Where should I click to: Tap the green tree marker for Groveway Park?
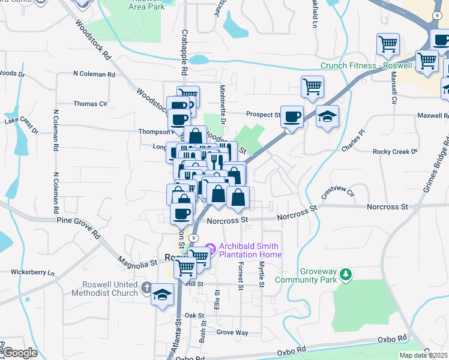pyautogui.click(x=345, y=275)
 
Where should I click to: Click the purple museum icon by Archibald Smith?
pyautogui.click(x=210, y=247)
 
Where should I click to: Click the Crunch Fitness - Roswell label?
pyautogui.click(x=366, y=66)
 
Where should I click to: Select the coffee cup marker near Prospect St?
pyautogui.click(x=292, y=117)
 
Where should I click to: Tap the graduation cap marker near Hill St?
pyautogui.click(x=161, y=295)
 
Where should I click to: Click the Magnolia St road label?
pyautogui.click(x=137, y=262)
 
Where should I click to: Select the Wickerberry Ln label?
pyautogui.click(x=31, y=274)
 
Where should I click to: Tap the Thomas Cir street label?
pyautogui.click(x=90, y=104)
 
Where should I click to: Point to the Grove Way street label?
pyautogui.click(x=232, y=332)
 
